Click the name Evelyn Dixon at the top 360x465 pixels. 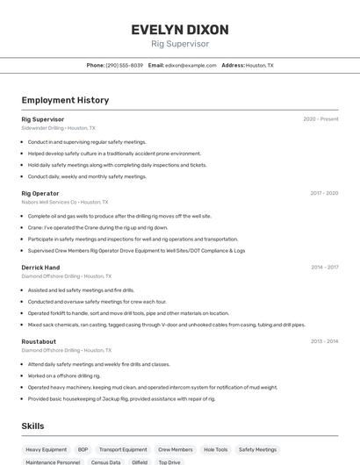(x=179, y=30)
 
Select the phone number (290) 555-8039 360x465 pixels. (x=124, y=65)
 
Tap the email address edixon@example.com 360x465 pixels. (x=191, y=65)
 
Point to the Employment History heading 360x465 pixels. (x=65, y=100)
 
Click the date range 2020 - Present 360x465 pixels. (x=320, y=119)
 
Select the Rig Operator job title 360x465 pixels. (x=40, y=193)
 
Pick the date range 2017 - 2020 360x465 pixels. (x=324, y=193)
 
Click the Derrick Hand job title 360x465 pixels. (x=40, y=268)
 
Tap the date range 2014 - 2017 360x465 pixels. (x=324, y=268)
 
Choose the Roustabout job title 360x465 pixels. (x=39, y=341)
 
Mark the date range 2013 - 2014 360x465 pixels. (x=324, y=341)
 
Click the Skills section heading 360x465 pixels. (x=33, y=426)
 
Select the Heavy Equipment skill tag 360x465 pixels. (x=46, y=449)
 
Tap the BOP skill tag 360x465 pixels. (x=83, y=449)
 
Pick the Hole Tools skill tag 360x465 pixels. (x=215, y=449)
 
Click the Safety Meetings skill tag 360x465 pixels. (x=257, y=449)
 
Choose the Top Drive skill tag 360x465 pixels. (x=169, y=461)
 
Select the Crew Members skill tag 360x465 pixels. (x=175, y=449)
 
